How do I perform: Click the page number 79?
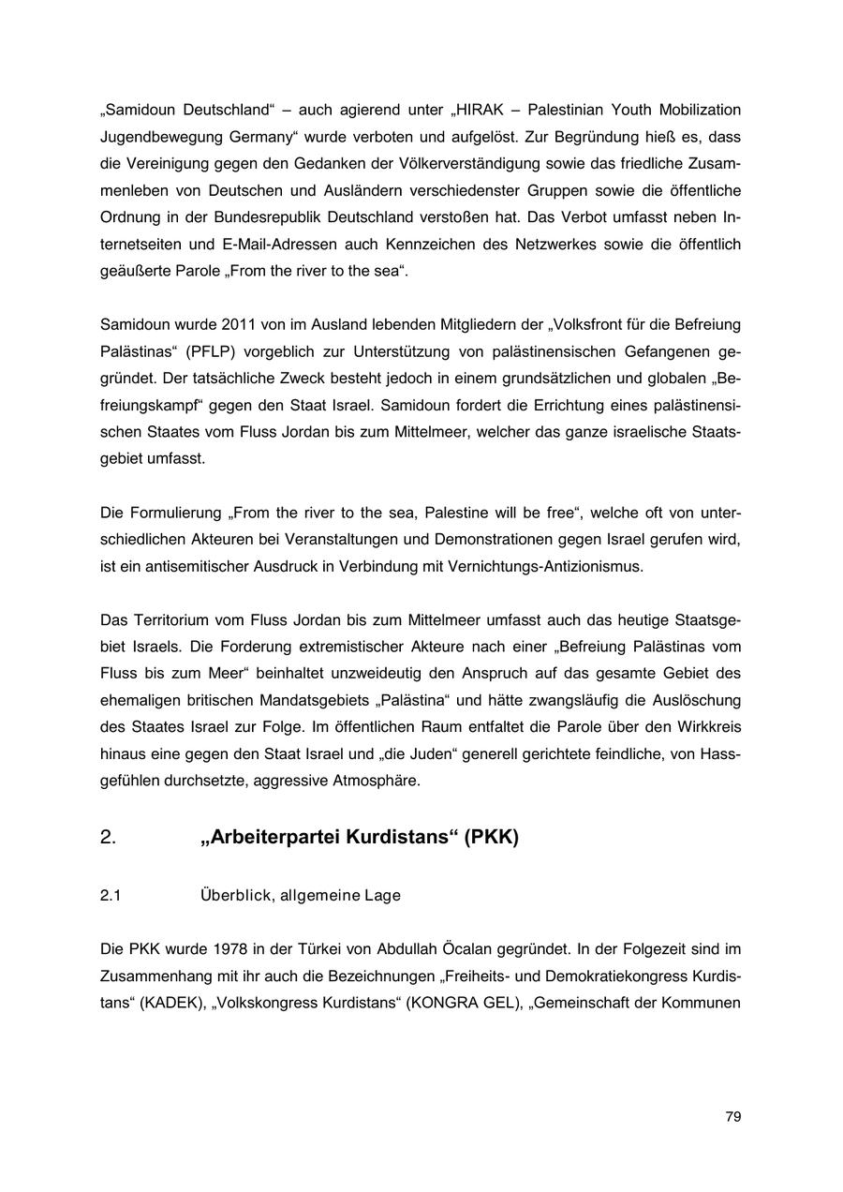pos(732,1116)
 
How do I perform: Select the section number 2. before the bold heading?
pos(108,837)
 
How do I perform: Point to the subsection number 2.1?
pos(111,896)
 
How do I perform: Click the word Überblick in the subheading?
pos(234,896)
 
